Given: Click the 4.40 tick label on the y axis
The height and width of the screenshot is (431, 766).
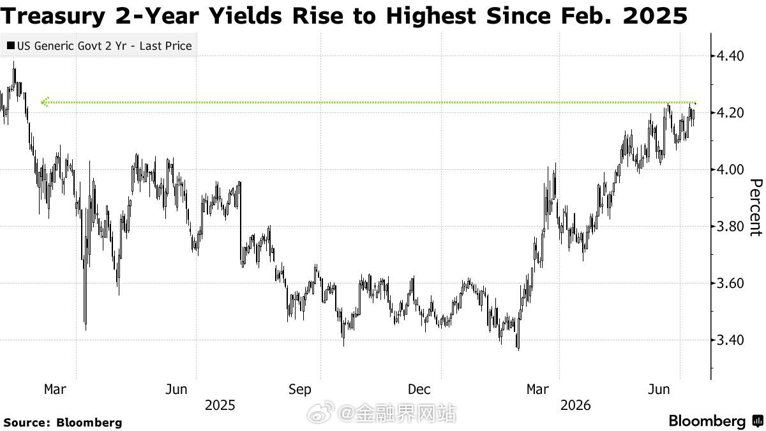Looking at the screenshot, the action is click(730, 56).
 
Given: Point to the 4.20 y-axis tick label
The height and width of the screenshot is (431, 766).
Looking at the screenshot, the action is click(730, 112).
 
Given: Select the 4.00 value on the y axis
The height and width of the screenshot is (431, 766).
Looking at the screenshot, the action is click(730, 169).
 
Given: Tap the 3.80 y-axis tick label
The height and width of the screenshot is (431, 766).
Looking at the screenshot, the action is click(730, 226).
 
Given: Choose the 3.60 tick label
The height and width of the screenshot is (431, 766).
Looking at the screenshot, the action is click(730, 284).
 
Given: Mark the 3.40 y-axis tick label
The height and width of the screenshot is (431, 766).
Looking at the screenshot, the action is click(730, 340).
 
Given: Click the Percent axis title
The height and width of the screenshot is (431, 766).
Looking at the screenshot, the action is click(756, 208).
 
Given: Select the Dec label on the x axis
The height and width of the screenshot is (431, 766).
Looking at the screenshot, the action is click(419, 389).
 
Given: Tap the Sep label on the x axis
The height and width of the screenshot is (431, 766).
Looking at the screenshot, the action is click(299, 389).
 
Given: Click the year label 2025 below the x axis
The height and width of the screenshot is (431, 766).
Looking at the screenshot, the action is click(220, 405).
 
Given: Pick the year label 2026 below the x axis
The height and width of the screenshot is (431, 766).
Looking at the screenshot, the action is click(576, 405).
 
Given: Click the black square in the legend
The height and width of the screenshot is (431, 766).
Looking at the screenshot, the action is click(11, 45).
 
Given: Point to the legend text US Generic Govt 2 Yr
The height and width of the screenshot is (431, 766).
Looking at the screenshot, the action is click(71, 46).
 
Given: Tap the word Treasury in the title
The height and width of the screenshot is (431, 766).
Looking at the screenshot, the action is click(52, 16).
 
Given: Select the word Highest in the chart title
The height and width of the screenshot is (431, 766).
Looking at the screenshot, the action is click(431, 16).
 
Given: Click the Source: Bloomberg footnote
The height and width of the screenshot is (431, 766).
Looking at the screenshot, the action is click(63, 423).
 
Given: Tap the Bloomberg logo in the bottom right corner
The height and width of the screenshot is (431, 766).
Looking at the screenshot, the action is click(717, 421).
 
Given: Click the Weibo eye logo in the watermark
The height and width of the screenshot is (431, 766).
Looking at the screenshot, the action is click(320, 412).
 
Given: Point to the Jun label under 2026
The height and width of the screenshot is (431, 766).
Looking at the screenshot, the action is click(659, 389).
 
